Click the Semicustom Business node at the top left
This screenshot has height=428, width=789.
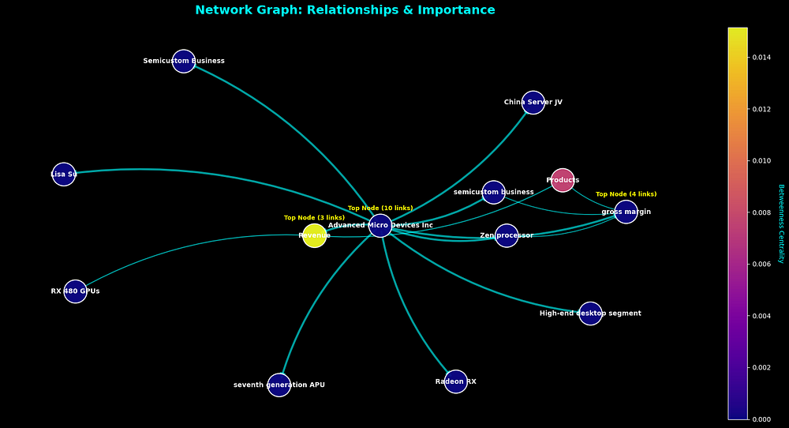click(x=184, y=61)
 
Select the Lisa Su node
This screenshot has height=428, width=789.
click(x=64, y=175)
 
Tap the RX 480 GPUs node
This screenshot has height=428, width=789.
click(x=75, y=291)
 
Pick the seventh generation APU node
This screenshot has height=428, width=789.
click(x=279, y=385)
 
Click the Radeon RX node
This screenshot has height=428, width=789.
click(x=456, y=382)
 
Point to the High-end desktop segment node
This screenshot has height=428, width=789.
click(x=590, y=313)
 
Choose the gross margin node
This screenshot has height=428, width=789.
click(x=626, y=212)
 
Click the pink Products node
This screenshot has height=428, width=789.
click(x=563, y=180)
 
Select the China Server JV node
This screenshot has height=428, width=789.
click(x=533, y=103)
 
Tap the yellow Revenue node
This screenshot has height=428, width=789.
click(x=314, y=235)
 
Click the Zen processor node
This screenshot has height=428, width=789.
click(x=507, y=235)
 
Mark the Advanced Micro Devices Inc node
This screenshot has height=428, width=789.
click(x=380, y=226)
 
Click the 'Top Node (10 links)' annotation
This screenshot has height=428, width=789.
click(x=380, y=208)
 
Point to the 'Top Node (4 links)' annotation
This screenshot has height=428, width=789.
click(x=626, y=194)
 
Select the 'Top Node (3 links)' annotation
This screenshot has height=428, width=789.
click(x=314, y=218)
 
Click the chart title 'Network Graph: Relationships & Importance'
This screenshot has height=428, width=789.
click(x=345, y=10)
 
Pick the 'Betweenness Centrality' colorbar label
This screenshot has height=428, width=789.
click(x=780, y=223)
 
